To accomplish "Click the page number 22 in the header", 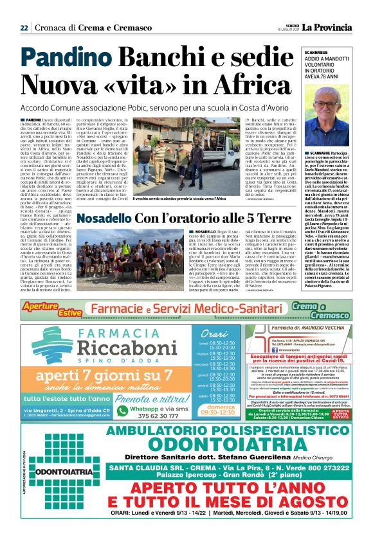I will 23,28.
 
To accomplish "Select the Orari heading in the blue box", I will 214,334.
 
